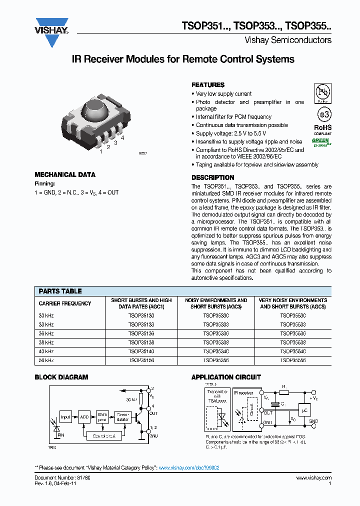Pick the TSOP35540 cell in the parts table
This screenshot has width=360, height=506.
(x=292, y=351)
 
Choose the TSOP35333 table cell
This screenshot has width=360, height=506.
(x=216, y=324)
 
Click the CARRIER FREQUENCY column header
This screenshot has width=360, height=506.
(x=65, y=303)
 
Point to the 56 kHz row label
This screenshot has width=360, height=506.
(x=46, y=360)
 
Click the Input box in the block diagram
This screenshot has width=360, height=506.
(x=65, y=416)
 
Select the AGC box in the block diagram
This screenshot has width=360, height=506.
(x=83, y=416)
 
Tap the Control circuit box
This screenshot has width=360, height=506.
(x=104, y=436)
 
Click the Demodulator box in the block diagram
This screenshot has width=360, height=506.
(x=122, y=416)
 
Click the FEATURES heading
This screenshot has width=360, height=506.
(x=208, y=85)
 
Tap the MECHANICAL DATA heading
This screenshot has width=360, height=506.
(x=65, y=175)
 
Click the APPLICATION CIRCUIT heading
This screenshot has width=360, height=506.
(x=226, y=377)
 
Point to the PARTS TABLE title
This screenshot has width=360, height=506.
(x=60, y=291)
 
